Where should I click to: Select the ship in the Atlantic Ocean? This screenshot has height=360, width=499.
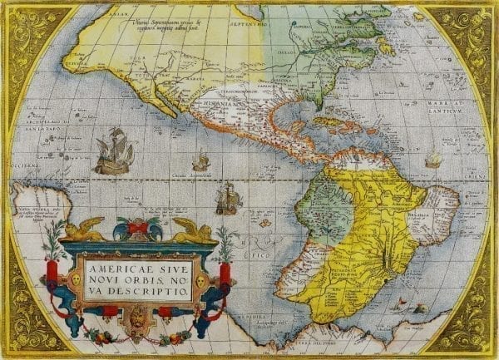432,159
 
